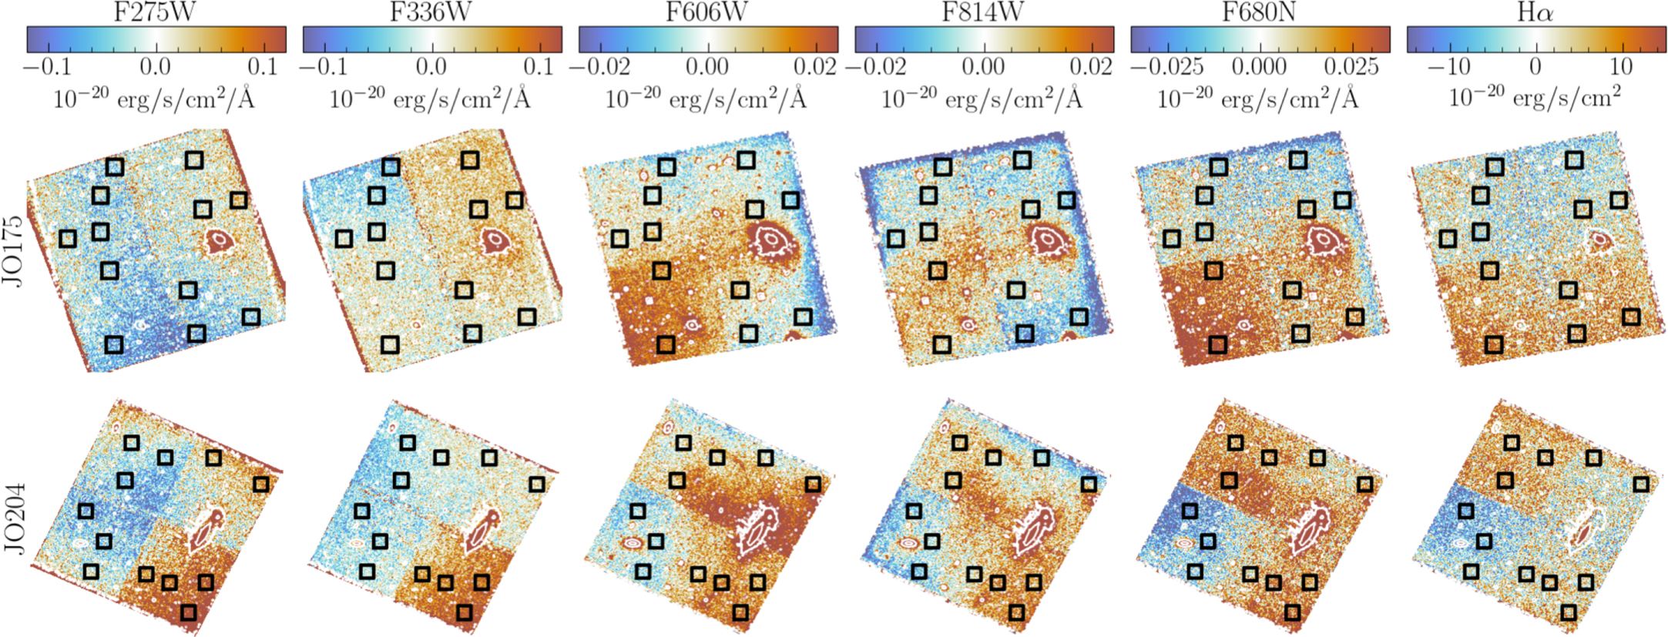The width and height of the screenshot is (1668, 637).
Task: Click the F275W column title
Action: [x=154, y=12]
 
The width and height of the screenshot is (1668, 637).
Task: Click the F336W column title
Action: [x=431, y=12]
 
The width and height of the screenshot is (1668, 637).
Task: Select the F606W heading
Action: [x=706, y=12]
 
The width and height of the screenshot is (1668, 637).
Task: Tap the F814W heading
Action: [x=982, y=12]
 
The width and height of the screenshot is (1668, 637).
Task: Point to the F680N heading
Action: [x=1259, y=12]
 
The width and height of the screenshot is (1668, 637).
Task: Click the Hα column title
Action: [x=1535, y=12]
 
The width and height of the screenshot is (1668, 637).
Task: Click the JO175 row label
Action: [x=13, y=250]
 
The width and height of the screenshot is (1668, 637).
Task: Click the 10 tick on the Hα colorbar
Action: [x=1620, y=66]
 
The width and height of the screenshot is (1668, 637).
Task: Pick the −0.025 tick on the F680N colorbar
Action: [x=1167, y=66]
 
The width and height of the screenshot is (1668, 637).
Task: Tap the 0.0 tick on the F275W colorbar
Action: [x=155, y=66]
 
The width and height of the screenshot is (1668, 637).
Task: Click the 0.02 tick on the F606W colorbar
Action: [x=815, y=66]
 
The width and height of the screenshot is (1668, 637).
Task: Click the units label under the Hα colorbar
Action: [x=1535, y=99]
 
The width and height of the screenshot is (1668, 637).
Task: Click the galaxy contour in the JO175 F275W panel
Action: [x=220, y=240]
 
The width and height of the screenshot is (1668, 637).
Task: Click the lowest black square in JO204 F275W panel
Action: [x=188, y=612]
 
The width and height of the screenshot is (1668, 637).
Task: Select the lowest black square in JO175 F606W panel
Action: [x=666, y=344]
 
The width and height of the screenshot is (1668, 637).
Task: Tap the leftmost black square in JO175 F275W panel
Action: [x=68, y=238]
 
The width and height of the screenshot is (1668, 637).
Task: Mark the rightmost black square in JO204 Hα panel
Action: [x=1640, y=484]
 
